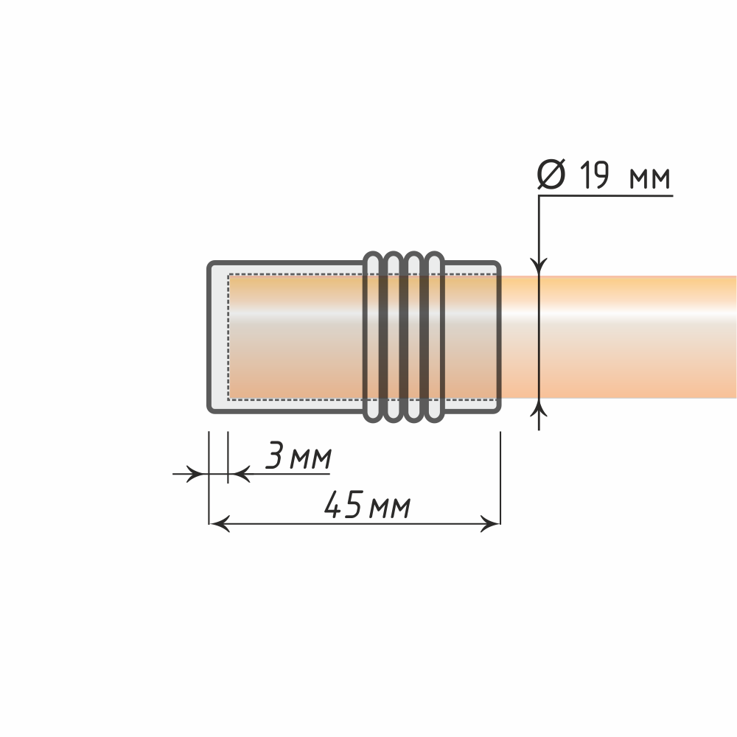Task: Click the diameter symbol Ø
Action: point(551,175)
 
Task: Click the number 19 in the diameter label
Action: point(594,175)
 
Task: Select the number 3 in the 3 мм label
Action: point(274,455)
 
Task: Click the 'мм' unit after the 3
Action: point(311,458)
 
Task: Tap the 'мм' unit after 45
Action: point(390,508)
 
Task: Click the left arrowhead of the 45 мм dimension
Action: point(219,523)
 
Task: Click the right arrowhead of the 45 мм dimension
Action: point(490,523)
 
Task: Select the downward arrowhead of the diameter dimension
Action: point(539,266)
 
